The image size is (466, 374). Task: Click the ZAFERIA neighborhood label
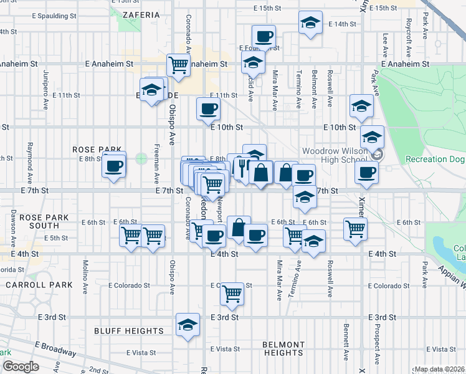[138, 13]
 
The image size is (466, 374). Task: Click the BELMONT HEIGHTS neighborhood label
[283, 348]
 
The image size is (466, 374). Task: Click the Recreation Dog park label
[435, 160]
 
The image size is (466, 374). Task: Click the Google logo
[21, 367]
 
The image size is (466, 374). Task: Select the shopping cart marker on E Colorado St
[232, 292]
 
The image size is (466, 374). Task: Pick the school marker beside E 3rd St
[188, 324]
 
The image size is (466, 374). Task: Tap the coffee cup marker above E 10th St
[208, 109]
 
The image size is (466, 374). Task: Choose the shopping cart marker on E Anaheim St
[179, 64]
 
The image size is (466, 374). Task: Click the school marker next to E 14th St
[310, 23]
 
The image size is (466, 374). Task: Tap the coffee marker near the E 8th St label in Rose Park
[114, 166]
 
